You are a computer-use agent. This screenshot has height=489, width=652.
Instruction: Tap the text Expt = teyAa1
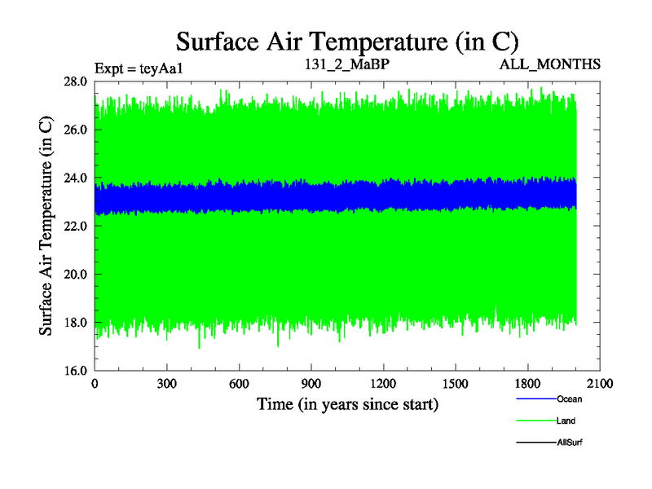pos(139,68)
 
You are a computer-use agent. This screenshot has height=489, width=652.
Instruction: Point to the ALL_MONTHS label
pos(551,64)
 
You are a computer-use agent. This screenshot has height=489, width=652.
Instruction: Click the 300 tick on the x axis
pos(167,383)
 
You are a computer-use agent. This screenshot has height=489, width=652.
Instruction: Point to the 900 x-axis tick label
pos(311,383)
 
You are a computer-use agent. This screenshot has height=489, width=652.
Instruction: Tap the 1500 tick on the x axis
pos(455,383)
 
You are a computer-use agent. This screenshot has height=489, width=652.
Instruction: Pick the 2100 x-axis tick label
pos(599,383)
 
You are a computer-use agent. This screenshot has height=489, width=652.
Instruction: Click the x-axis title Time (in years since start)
pos(348,403)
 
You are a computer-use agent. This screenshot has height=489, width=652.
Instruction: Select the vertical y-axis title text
pos(47,226)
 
